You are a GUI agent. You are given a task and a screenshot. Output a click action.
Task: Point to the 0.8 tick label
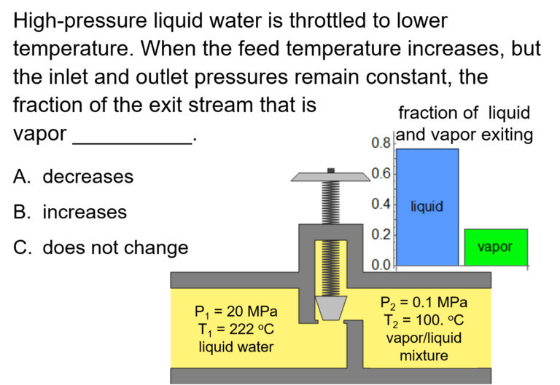coord(381,143)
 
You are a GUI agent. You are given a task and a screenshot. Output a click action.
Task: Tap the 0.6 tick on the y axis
coord(381,173)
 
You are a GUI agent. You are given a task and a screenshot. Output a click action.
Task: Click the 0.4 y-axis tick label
coord(381,204)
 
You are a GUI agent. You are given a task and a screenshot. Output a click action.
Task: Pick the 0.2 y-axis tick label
coord(381,234)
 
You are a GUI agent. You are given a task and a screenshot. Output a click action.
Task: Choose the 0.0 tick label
coord(381,265)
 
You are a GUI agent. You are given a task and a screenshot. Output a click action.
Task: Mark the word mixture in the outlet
coord(424,356)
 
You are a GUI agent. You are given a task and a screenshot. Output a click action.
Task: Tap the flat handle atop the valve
coord(330,177)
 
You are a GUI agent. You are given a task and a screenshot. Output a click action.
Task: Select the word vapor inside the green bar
coord(495,247)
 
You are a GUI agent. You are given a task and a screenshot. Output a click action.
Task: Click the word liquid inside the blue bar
coord(427,207)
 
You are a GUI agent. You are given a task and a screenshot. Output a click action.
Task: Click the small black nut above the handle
coord(330,170)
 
